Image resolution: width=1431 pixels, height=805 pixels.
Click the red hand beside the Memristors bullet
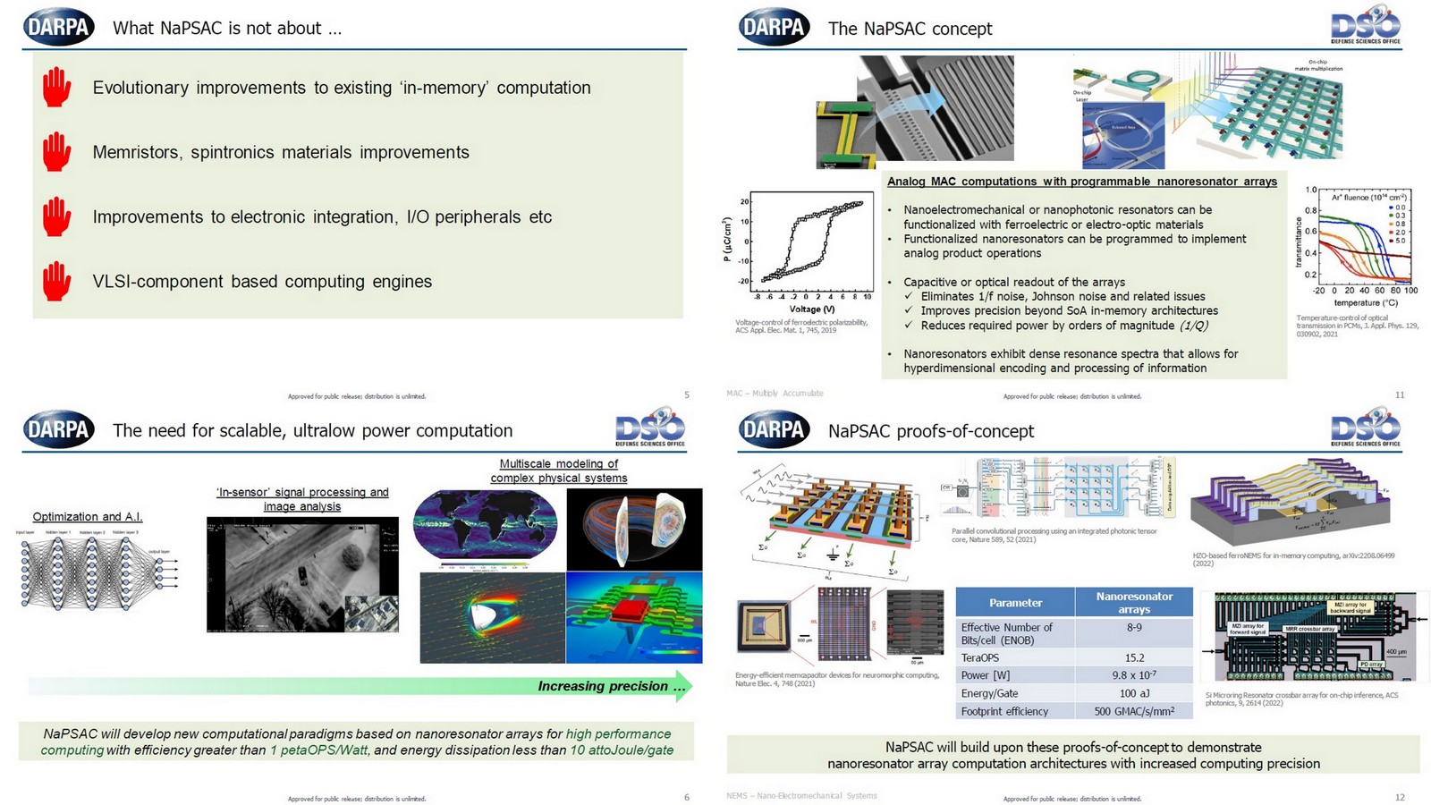[x=56, y=152]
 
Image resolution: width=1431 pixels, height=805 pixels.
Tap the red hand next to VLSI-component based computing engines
[x=56, y=281]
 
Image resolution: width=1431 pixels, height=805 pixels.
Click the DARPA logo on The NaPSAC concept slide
[x=774, y=28]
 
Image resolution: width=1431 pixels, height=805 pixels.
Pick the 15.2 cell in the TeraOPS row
[x=1134, y=657]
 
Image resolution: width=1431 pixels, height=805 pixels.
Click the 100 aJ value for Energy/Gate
[x=1134, y=693]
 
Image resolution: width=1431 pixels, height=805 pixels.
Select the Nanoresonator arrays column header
[x=1134, y=602]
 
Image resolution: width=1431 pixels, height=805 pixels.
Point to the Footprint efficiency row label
[x=1004, y=711]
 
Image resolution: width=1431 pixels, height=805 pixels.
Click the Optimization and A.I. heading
[x=88, y=516]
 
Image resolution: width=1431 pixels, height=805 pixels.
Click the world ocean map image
[x=485, y=527]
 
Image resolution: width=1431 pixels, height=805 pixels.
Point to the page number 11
[x=1400, y=394]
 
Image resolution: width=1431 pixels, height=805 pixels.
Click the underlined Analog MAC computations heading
[x=1081, y=182]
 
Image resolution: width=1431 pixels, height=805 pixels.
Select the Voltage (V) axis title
[x=811, y=309]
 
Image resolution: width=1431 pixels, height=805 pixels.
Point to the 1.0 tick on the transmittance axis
[x=1311, y=191]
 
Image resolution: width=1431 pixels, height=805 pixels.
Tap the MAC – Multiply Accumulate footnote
[x=775, y=394]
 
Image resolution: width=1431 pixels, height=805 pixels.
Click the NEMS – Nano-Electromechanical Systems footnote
[x=801, y=795]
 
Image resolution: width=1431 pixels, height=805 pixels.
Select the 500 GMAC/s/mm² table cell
[x=1134, y=711]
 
